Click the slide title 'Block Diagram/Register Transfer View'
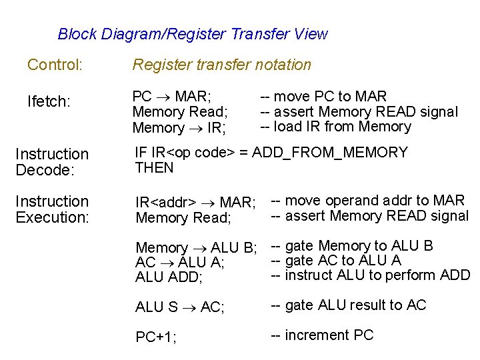[193, 34]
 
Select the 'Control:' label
[55, 65]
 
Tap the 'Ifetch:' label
[48, 102]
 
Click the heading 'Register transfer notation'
[221, 65]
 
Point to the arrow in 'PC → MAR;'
[163, 97]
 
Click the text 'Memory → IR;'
[179, 128]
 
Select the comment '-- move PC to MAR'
[323, 97]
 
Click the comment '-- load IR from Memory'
[335, 127]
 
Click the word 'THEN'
[154, 168]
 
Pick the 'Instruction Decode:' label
[51, 162]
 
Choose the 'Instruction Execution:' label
[51, 209]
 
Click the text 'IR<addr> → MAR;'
[195, 202]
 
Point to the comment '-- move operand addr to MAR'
[367, 201]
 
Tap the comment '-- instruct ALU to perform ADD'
[370, 275]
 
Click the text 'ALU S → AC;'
[179, 307]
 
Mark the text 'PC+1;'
[156, 337]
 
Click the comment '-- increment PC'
[322, 335]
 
